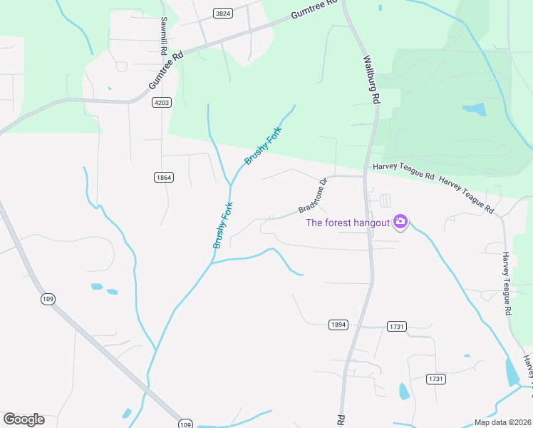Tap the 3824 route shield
pos(223,14)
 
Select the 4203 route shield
pos(162,103)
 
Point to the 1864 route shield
pos(163,177)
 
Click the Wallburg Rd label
pos(371,80)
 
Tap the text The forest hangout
pos(348,223)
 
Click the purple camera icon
pos(400,222)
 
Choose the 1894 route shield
pos(338,325)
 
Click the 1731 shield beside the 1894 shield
pos(397,326)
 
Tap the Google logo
pos(24,419)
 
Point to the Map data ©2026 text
pos(502,422)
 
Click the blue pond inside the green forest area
pos(474,110)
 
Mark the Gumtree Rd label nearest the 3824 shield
pos(313,10)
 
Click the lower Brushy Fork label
pos(223,225)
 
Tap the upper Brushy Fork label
pos(264,146)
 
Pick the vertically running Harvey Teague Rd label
pos(507,283)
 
